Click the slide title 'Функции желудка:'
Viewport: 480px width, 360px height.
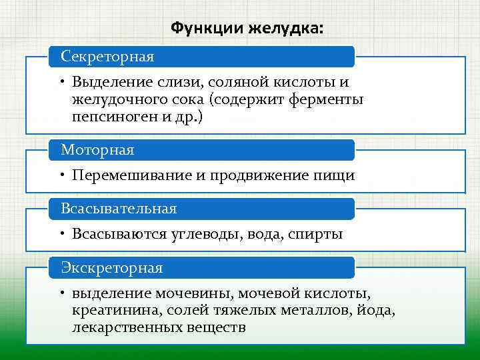pyautogui.click(x=247, y=28)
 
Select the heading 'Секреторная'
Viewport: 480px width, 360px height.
pyautogui.click(x=107, y=57)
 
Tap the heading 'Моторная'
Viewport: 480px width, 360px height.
pyautogui.click(x=97, y=150)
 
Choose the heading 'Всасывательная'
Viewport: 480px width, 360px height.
pyautogui.click(x=119, y=209)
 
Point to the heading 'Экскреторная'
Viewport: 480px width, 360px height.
pyautogui.click(x=112, y=267)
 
